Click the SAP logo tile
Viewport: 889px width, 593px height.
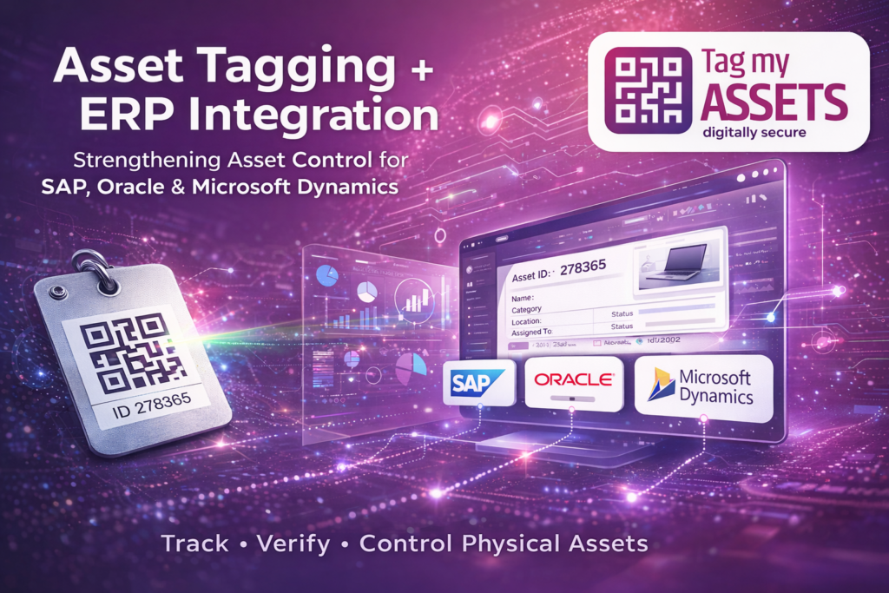tap(474, 383)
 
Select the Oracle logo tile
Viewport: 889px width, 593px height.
tap(574, 382)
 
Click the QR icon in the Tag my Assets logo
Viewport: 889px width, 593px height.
tap(642, 89)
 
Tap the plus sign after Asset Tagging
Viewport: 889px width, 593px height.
tap(423, 69)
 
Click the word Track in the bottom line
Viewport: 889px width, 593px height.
tap(195, 544)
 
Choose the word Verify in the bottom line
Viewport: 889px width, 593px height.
tap(293, 544)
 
